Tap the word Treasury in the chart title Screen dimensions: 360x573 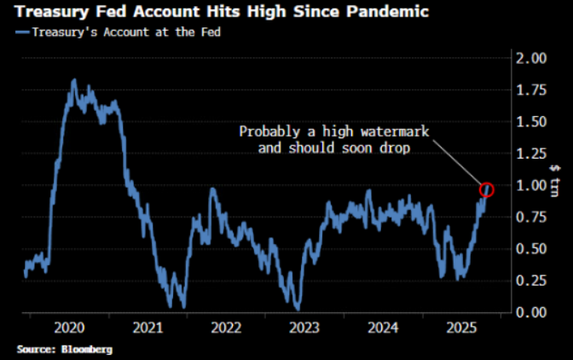(49, 13)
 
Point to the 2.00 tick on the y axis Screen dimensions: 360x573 (535, 58)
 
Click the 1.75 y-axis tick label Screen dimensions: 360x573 (535, 90)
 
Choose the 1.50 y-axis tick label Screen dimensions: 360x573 (535, 121)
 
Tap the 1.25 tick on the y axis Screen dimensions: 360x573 (535, 154)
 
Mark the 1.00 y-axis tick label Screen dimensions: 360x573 (535, 185)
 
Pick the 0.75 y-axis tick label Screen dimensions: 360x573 (535, 217)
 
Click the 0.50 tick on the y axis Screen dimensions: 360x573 (535, 248)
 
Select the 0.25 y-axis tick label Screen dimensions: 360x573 (535, 280)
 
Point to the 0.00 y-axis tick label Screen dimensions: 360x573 (535, 311)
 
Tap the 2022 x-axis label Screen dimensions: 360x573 (227, 328)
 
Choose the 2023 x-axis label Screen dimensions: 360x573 (304, 328)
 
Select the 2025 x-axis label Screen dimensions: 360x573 (461, 328)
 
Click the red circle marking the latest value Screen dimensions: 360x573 (488, 189)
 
